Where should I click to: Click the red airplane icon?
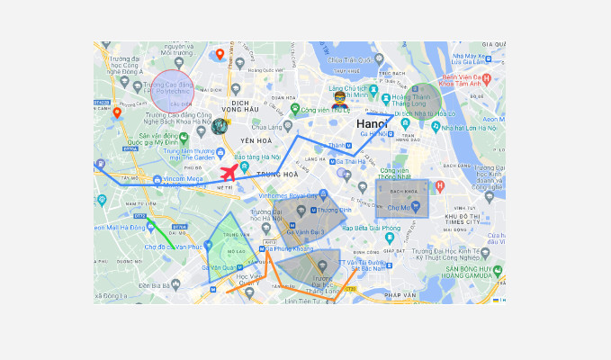point(232,171)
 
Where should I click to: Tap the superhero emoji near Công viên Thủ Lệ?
point(340,99)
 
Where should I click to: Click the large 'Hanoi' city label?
point(372,123)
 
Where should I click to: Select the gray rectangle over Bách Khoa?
point(401,197)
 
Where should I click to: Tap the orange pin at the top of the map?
point(220,55)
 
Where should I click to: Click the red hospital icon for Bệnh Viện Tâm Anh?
point(487,79)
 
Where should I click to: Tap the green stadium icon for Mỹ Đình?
point(184,137)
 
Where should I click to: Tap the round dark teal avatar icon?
point(219,126)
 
